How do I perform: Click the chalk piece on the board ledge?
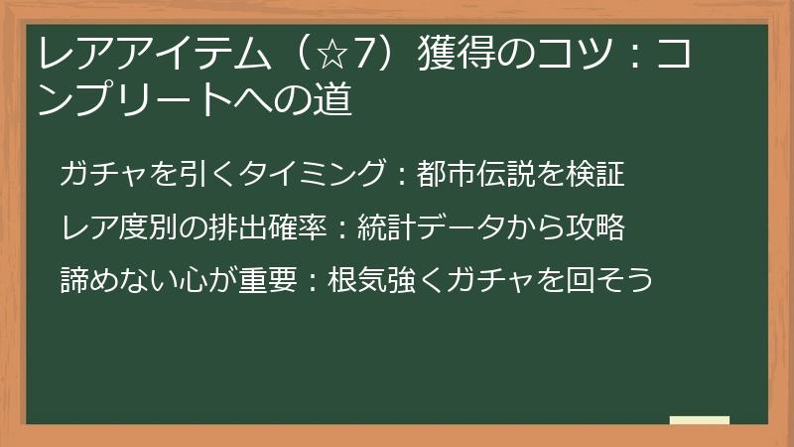pyautogui.click(x=700, y=420)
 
